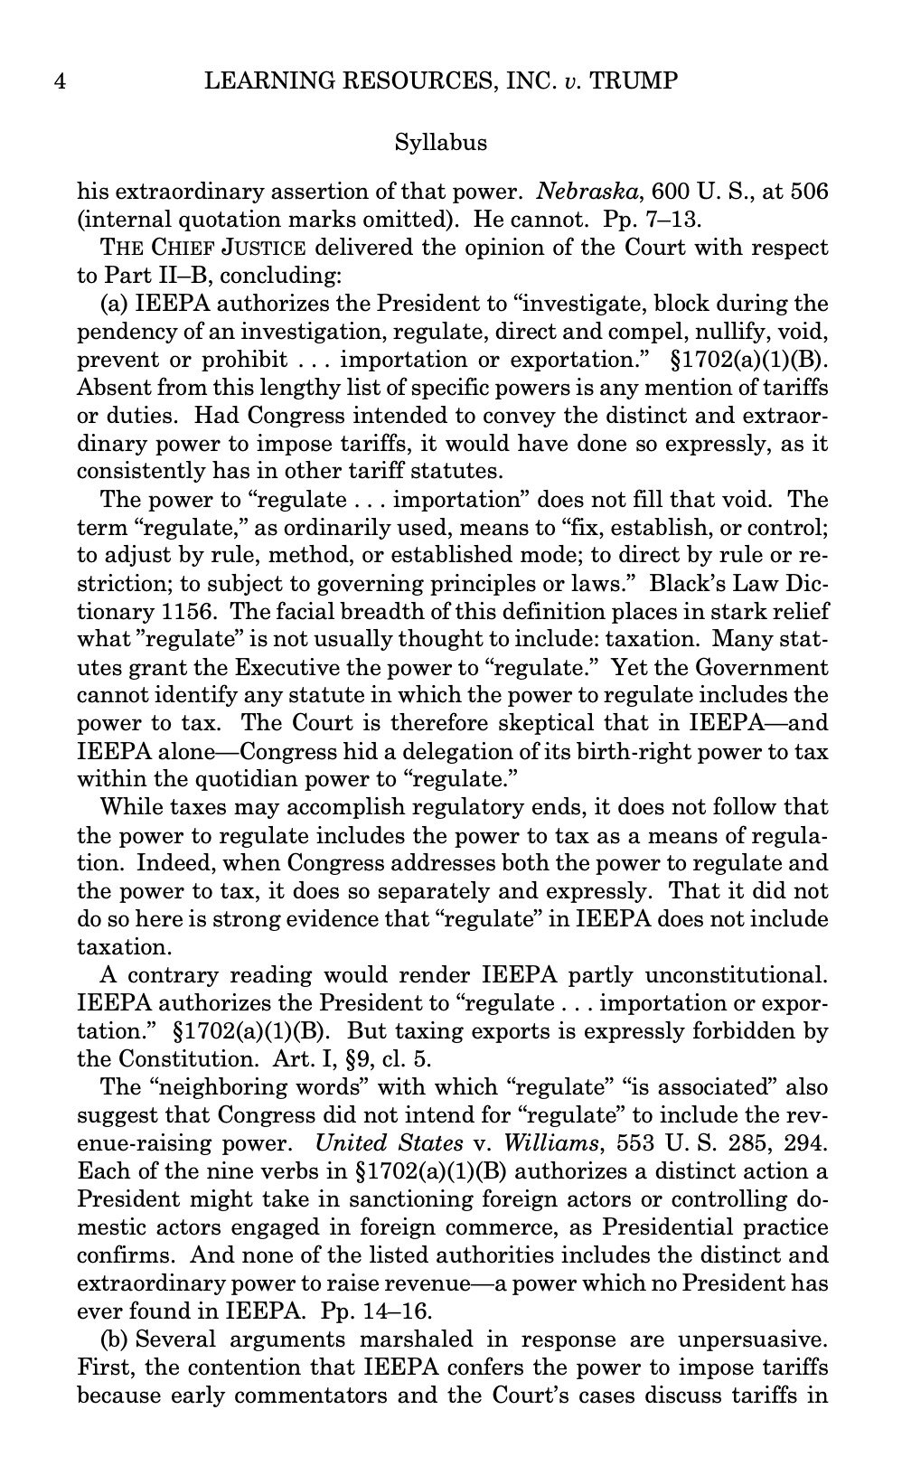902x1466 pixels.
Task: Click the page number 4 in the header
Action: tap(60, 81)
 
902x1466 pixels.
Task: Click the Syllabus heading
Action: tap(441, 142)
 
